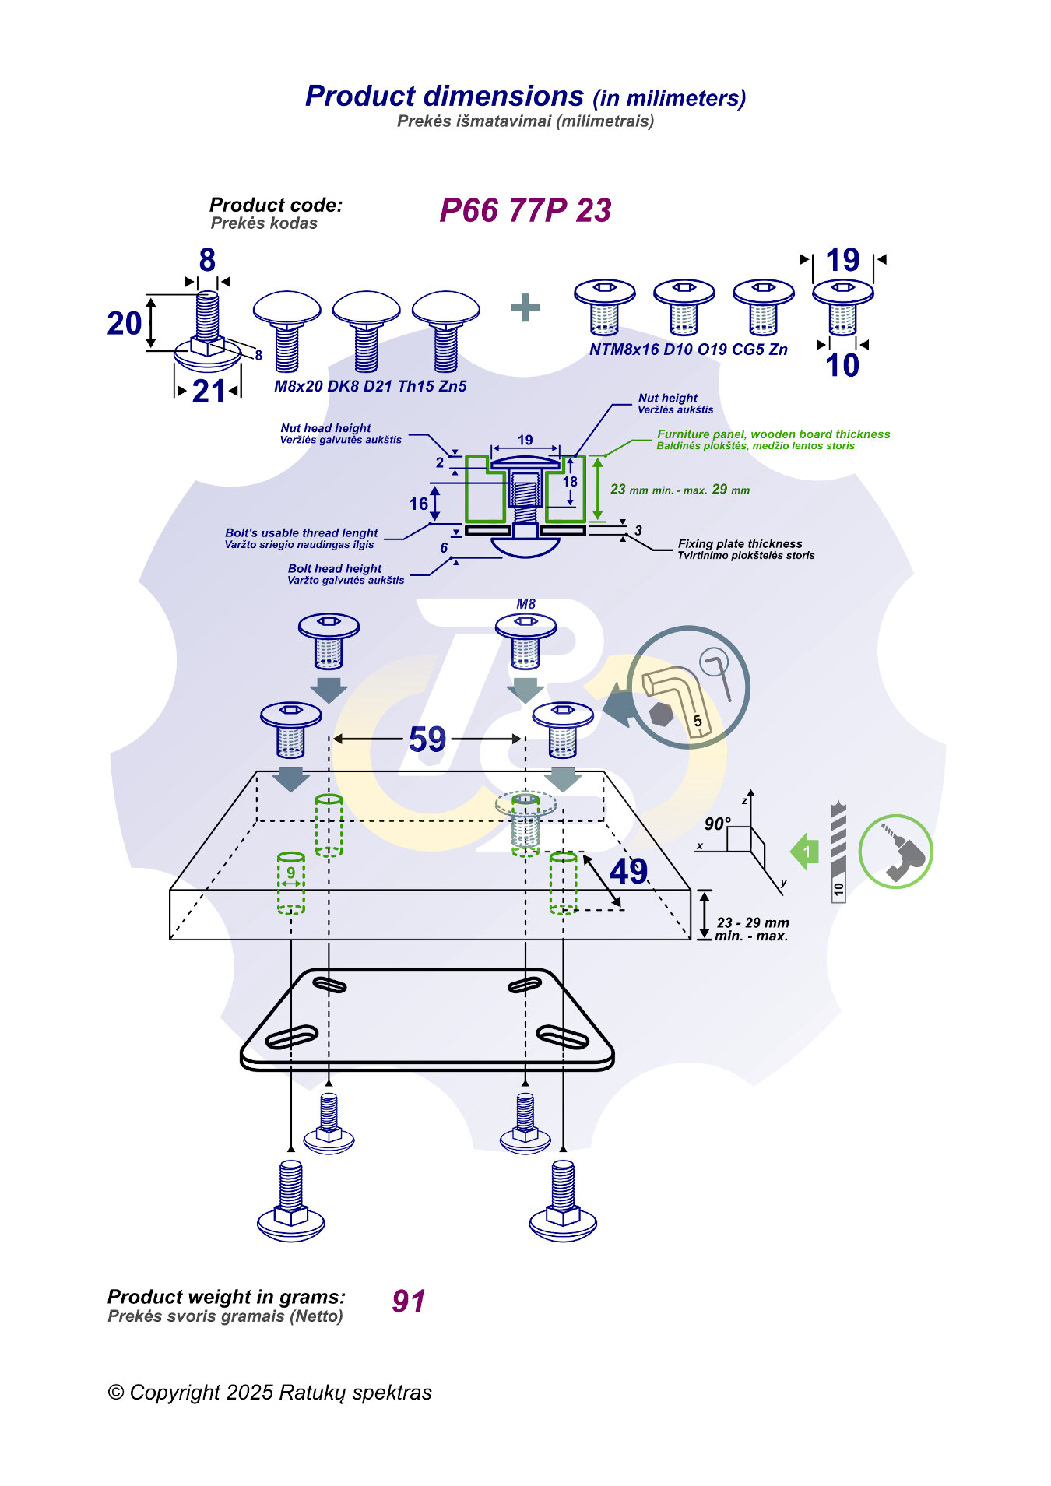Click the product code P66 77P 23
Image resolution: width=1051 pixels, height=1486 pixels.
525,210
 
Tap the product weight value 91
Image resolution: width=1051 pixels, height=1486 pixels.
409,1301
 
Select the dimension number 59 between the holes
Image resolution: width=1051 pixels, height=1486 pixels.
427,739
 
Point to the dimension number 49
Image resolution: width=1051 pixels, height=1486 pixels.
627,871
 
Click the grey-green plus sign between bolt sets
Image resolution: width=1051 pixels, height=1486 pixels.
525,307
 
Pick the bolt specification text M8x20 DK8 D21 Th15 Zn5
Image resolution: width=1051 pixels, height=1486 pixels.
371,386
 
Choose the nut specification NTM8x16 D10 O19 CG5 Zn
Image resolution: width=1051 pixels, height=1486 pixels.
688,350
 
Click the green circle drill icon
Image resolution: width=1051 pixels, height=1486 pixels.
895,852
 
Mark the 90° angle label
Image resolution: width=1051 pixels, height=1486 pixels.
717,824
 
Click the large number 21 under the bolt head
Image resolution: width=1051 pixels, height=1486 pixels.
209,392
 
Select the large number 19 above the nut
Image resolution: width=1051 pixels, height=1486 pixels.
842,260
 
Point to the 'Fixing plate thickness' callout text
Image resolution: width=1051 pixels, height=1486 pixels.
740,543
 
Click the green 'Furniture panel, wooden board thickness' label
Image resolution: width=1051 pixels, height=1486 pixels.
773,434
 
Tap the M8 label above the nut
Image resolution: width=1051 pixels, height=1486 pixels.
525,604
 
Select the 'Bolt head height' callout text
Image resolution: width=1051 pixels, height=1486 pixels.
335,569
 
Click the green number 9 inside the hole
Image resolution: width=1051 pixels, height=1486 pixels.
291,873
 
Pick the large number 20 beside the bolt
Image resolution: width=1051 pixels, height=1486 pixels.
125,324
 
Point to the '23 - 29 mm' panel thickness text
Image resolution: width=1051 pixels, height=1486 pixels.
753,922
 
